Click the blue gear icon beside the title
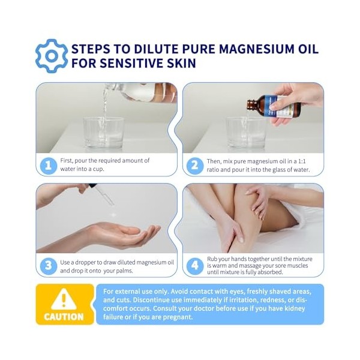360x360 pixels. click(52, 56)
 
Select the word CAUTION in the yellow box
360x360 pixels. click(64, 317)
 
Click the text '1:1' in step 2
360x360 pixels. click(311, 160)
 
